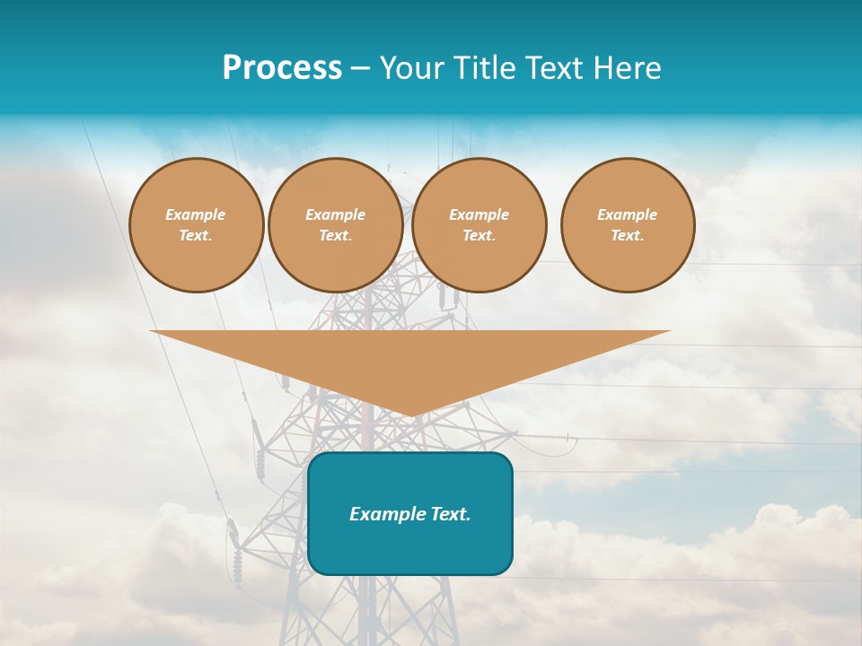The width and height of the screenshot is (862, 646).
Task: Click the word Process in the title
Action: pos(282,68)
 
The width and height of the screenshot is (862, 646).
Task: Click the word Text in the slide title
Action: pos(553,68)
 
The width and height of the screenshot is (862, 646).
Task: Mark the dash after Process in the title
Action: pos(360,69)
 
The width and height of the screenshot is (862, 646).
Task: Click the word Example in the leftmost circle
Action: pos(196,214)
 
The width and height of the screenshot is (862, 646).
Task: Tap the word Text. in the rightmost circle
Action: pos(628,235)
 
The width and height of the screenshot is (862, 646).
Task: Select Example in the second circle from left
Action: pos(335,214)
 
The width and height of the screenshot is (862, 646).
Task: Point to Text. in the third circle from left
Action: pos(479,235)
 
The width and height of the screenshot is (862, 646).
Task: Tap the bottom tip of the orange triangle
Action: pos(411,414)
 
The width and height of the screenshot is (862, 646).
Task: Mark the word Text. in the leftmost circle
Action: pos(196,235)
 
